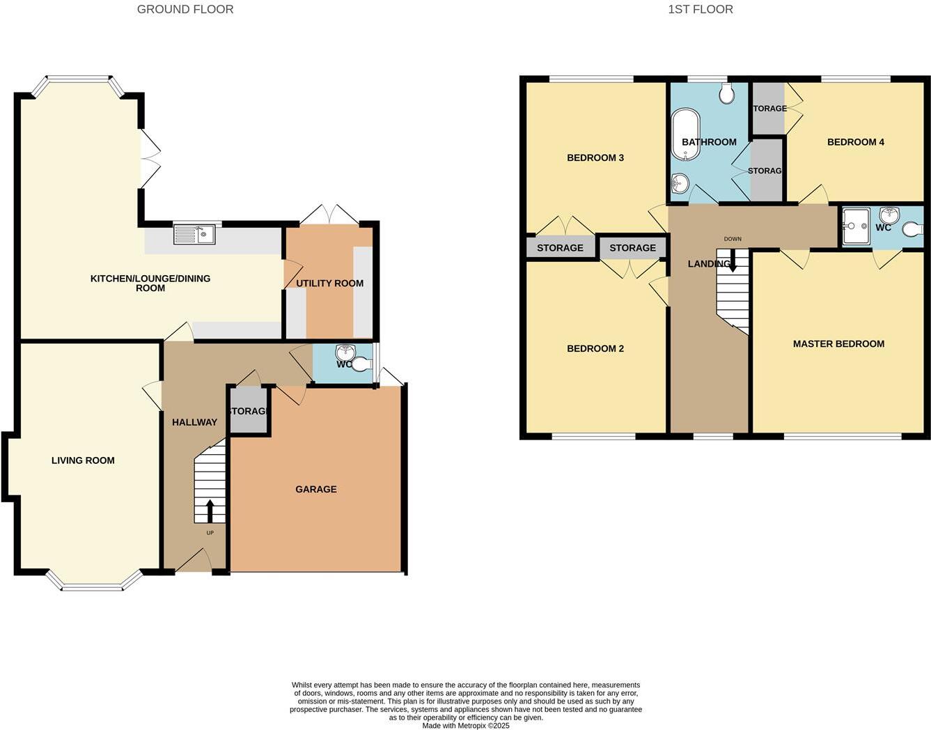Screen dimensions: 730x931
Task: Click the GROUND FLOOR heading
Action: [185, 9]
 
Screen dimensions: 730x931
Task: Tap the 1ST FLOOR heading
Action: [700, 9]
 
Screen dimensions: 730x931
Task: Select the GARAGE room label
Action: [315, 489]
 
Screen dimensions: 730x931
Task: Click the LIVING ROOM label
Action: [83, 460]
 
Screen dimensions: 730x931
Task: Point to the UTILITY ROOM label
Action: [329, 283]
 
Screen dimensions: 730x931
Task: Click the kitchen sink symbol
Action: [194, 234]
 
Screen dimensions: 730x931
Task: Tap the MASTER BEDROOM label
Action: [838, 343]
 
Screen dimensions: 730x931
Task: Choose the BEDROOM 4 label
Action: [855, 142]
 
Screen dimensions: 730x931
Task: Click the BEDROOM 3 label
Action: [595, 157]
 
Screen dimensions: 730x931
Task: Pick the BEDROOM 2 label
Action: [595, 348]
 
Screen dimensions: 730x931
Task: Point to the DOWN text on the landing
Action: [733, 239]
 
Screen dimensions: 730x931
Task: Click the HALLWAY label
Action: [194, 422]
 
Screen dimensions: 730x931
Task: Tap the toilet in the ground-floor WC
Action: [360, 364]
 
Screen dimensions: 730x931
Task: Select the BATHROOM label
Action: [709, 142]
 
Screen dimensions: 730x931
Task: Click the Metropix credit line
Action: [466, 725]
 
